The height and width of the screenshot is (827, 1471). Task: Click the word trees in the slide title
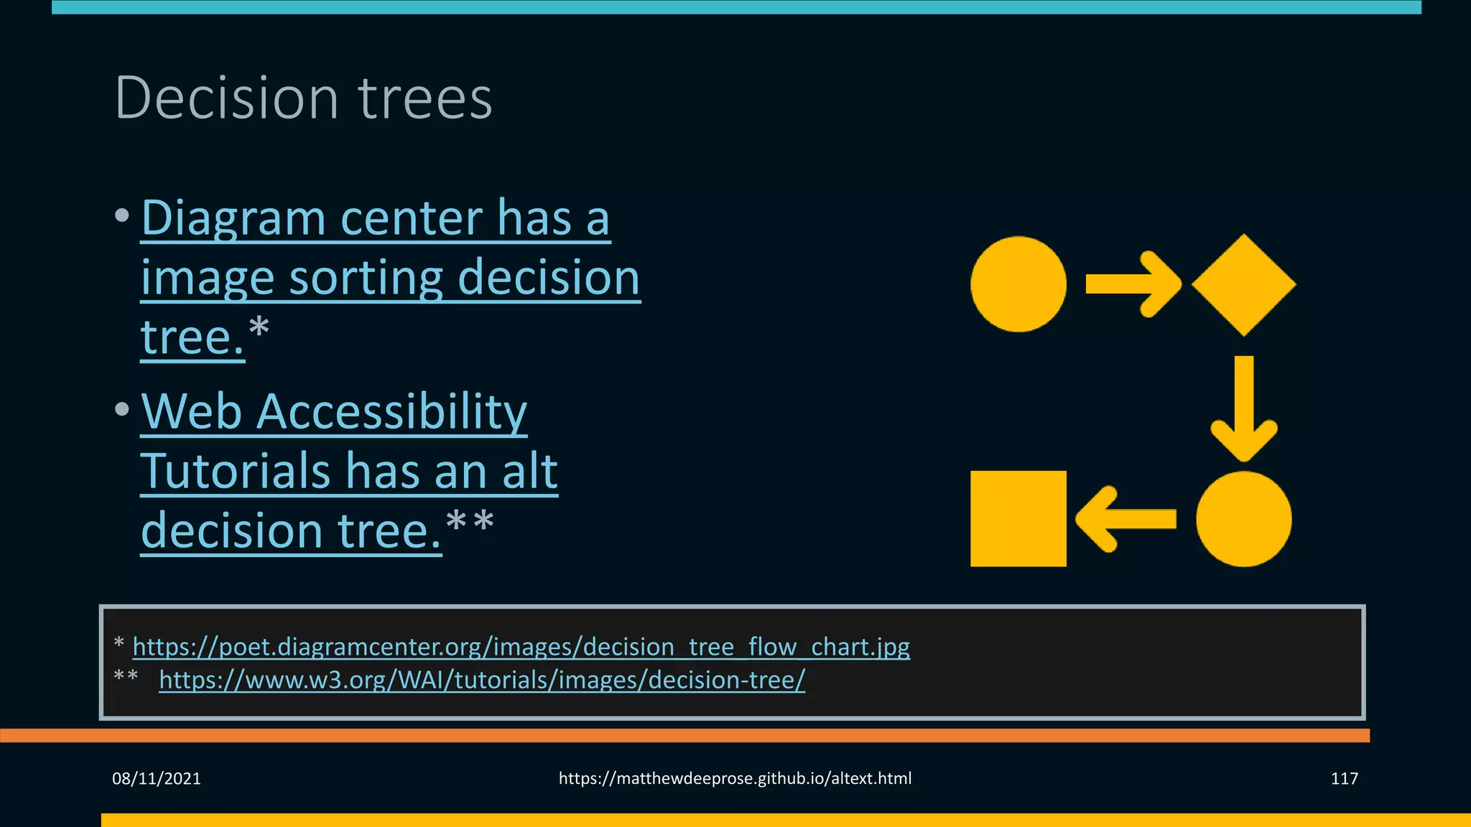pos(425,98)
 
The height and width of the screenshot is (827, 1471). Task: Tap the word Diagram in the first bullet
pos(233,218)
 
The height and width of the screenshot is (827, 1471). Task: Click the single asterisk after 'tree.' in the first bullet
pos(259,327)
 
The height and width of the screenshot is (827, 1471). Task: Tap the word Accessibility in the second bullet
pos(391,412)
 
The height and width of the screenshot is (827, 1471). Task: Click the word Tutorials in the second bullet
pos(236,472)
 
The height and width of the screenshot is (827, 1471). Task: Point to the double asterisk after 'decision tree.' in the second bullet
pos(470,520)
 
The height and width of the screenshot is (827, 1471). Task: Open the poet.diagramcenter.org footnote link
pos(521,647)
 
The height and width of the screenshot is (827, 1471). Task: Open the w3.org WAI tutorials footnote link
pos(482,680)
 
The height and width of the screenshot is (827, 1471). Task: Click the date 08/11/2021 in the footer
pos(157,778)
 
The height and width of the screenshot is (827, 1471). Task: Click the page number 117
pos(1344,778)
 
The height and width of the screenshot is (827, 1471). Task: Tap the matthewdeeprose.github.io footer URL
pos(735,778)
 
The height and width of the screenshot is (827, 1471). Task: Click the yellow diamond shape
pos(1243,284)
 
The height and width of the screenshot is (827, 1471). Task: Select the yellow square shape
pos(1018,518)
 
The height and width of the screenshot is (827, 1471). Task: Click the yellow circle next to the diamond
pos(1018,284)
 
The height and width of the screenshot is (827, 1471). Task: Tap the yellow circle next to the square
pos(1243,518)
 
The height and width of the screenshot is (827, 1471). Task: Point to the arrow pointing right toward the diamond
pos(1132,284)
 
